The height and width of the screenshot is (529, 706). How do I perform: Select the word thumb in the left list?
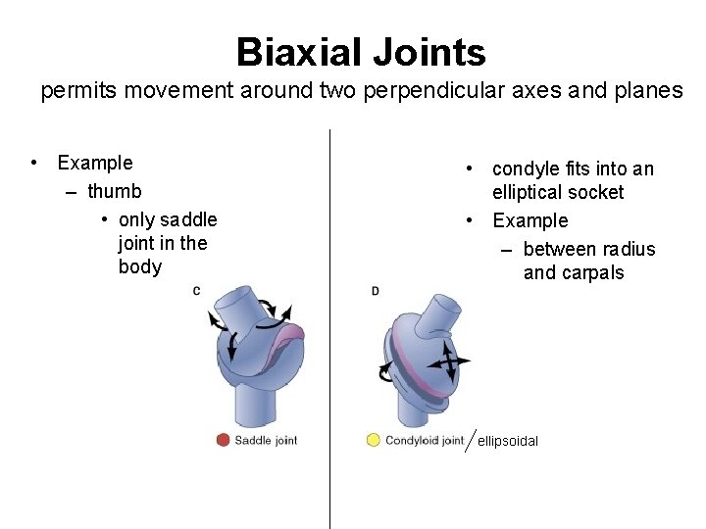tap(114, 191)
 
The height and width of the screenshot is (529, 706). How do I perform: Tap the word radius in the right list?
tap(628, 249)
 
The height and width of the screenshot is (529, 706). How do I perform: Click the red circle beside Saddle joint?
tap(223, 441)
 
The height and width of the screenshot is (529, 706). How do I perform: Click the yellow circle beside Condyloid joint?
tap(373, 441)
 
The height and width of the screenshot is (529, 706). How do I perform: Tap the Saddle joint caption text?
tap(266, 441)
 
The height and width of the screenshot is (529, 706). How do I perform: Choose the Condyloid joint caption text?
tap(425, 441)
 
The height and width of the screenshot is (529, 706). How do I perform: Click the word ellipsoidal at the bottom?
tap(508, 442)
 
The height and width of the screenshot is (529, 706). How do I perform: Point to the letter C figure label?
tap(196, 290)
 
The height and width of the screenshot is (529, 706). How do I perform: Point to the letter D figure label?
tap(376, 291)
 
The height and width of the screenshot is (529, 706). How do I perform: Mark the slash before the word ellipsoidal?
tap(472, 440)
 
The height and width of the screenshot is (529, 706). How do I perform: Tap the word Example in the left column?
tap(95, 163)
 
